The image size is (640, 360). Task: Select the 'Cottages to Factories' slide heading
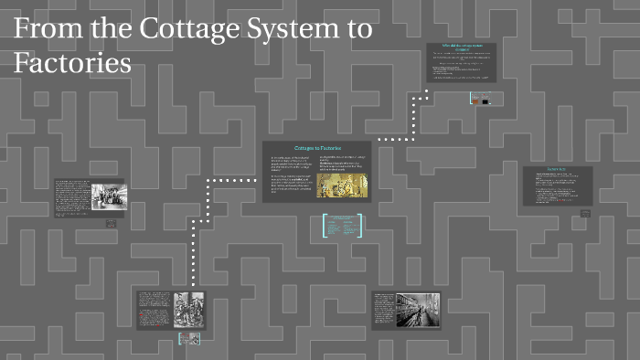click(x=317, y=148)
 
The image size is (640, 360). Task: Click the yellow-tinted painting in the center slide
click(x=343, y=184)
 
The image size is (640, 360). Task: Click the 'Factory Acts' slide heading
click(x=558, y=171)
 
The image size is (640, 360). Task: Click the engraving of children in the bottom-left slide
click(x=187, y=310)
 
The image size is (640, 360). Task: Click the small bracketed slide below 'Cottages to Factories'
click(x=343, y=225)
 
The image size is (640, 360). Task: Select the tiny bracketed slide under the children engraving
click(x=188, y=339)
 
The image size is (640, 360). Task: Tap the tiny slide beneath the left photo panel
click(x=111, y=223)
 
